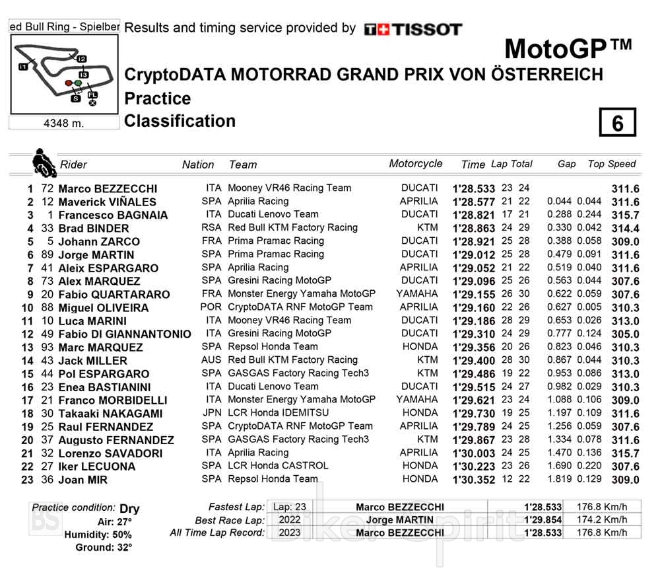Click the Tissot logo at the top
point(413,29)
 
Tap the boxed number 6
point(617,124)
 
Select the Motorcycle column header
point(416,164)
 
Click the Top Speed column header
point(612,164)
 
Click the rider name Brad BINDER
point(94,229)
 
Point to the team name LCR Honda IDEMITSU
point(278,413)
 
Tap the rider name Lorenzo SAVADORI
point(110,453)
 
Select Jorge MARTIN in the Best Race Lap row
point(400,520)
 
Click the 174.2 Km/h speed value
point(601,520)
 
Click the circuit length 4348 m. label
point(63,124)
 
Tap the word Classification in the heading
point(180,121)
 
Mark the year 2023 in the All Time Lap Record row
point(290,533)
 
